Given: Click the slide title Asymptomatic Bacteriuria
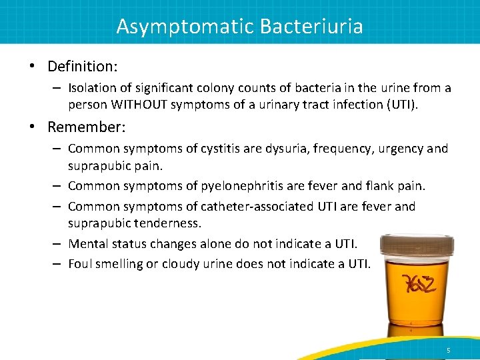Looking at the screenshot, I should coord(239,26).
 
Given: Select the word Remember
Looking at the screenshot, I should coord(83,127).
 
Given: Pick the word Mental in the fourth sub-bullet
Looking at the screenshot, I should coord(88,243).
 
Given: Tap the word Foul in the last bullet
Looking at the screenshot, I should coord(81,264).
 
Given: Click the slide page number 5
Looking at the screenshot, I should coord(448,350).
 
